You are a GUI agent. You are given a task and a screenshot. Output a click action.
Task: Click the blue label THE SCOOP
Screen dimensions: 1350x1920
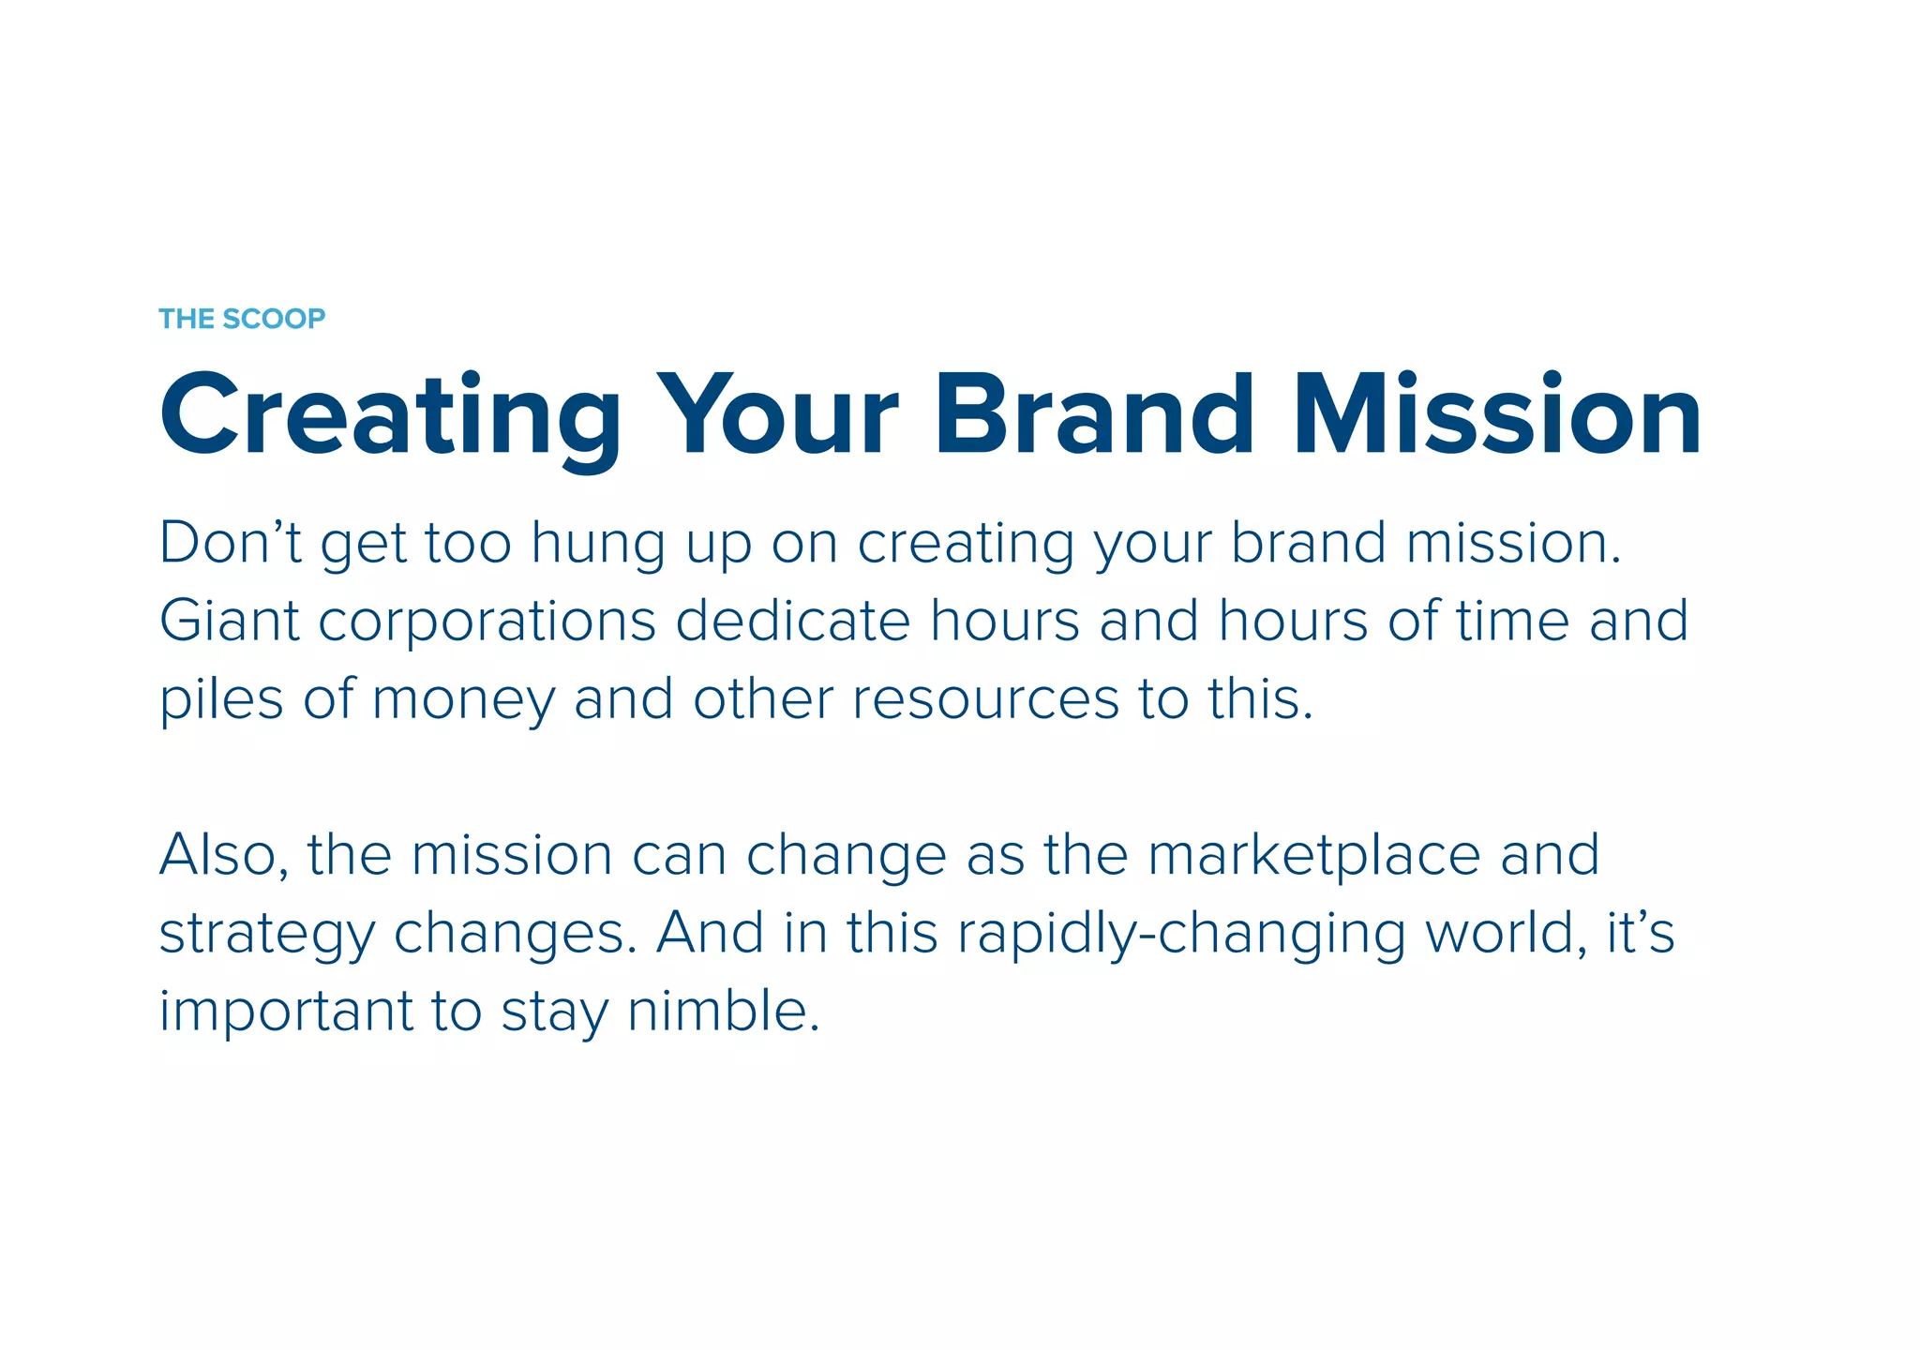coord(242,319)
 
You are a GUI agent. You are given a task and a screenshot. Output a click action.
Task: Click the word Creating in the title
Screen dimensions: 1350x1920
coord(390,416)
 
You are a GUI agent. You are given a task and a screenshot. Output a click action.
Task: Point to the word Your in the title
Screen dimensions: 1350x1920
coord(777,414)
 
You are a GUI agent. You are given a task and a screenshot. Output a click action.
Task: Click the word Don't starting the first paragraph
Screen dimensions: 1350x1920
coord(230,543)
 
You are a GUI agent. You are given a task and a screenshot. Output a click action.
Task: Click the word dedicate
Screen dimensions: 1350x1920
coord(792,621)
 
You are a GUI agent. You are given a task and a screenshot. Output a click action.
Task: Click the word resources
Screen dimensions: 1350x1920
coord(985,700)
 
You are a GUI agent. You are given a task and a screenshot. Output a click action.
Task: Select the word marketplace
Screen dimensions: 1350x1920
coord(1313,856)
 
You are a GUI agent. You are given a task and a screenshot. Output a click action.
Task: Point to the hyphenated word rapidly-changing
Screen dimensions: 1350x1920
coord(1180,936)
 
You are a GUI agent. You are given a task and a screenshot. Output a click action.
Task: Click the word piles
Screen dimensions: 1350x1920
coord(221,700)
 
